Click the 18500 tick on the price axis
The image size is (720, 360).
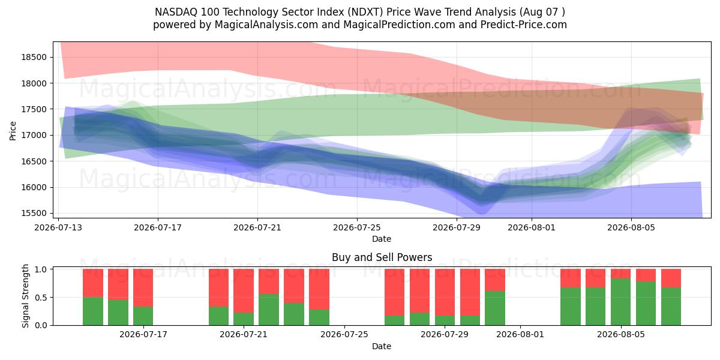tap(34, 57)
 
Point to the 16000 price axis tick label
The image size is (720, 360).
tap(34, 187)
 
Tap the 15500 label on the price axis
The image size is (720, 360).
tap(34, 213)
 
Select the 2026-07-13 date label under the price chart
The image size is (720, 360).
tap(58, 227)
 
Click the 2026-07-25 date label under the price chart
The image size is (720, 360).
tap(357, 227)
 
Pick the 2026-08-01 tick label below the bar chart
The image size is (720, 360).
tap(520, 334)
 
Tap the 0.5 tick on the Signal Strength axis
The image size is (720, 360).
tap(41, 298)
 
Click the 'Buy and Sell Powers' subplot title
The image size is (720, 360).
tap(382, 257)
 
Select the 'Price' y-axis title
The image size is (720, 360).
tap(13, 131)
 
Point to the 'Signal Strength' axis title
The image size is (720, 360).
tap(25, 296)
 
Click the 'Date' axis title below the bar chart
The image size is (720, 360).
tap(382, 346)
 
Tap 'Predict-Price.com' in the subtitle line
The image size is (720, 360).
tap(524, 25)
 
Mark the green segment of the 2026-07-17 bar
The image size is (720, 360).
tap(143, 316)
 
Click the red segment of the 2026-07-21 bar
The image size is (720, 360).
tap(244, 291)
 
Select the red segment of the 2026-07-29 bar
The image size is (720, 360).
tap(445, 292)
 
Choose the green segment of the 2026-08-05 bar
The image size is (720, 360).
tap(620, 302)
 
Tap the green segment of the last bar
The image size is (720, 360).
tap(671, 307)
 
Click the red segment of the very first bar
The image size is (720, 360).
tap(93, 283)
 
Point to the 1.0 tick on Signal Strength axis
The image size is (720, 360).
tap(41, 269)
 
